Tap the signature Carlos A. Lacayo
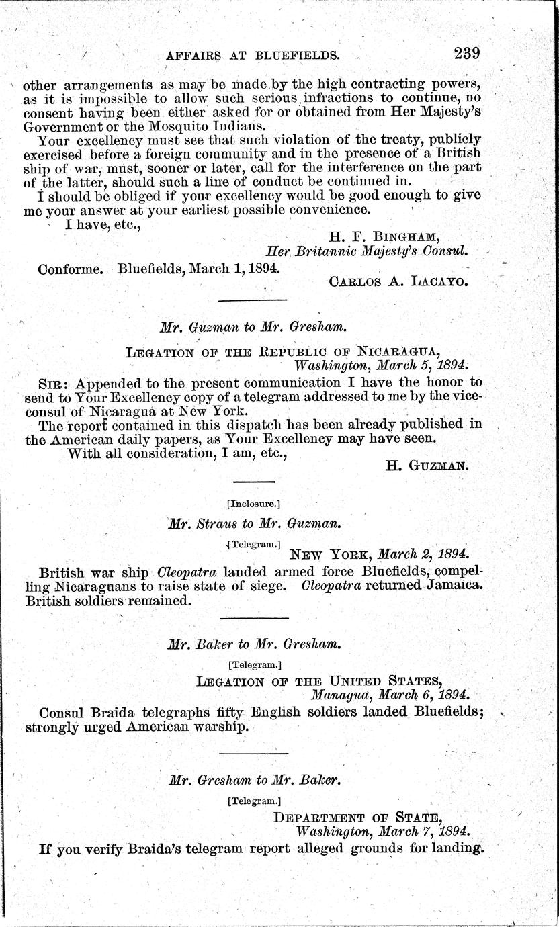click(x=398, y=281)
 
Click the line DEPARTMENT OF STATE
click(x=358, y=817)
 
